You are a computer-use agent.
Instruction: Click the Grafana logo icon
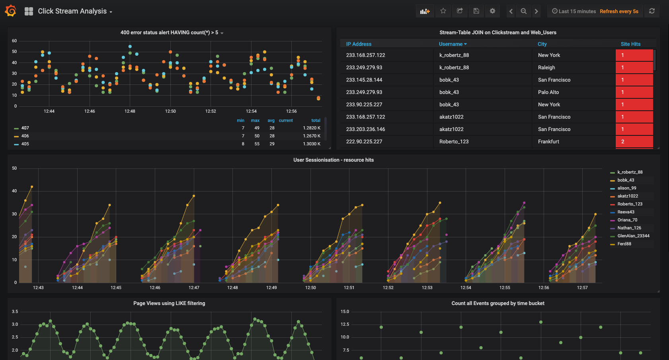(11, 11)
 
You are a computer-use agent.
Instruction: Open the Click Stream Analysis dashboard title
(72, 11)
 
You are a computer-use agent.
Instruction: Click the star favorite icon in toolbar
(443, 11)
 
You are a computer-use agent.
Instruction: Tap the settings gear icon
(492, 11)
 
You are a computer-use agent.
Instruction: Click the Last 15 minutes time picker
(577, 11)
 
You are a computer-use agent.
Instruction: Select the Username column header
(451, 44)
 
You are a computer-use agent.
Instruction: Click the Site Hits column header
(630, 44)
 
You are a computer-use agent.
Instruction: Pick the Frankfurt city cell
(548, 141)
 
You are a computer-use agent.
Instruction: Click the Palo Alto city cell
(548, 92)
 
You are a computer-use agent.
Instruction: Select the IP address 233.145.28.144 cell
(364, 80)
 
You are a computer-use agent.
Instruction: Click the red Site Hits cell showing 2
(634, 141)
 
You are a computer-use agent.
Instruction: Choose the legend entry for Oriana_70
(627, 220)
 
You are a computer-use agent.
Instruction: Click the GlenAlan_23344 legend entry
(633, 236)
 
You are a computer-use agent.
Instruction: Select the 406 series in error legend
(25, 136)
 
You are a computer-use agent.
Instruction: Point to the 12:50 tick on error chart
(170, 111)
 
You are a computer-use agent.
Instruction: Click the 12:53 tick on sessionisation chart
(427, 288)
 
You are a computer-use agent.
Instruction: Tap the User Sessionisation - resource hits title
(334, 160)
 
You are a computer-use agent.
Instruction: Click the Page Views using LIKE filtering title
(169, 303)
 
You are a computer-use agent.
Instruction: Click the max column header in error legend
(255, 120)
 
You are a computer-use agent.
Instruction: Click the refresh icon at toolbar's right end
(652, 11)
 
